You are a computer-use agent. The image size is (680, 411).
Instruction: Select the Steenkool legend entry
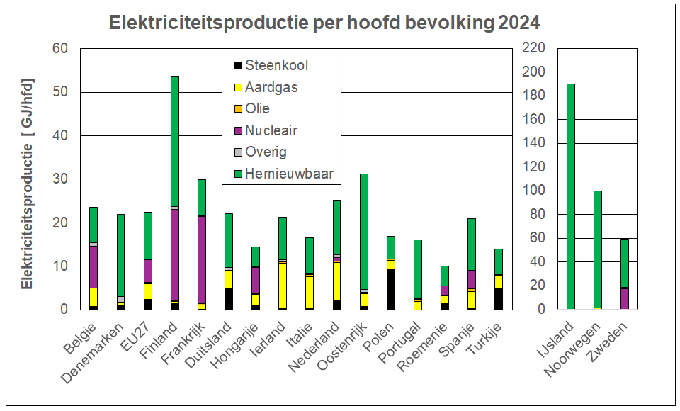click(x=276, y=66)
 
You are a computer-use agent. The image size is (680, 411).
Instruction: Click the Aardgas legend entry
click(x=271, y=88)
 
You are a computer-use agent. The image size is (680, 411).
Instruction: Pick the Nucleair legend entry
click(x=271, y=130)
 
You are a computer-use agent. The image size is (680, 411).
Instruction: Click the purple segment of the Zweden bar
click(x=624, y=298)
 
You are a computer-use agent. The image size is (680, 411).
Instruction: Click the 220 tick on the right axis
click(x=533, y=48)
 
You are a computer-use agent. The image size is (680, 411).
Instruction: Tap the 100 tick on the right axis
click(x=533, y=191)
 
